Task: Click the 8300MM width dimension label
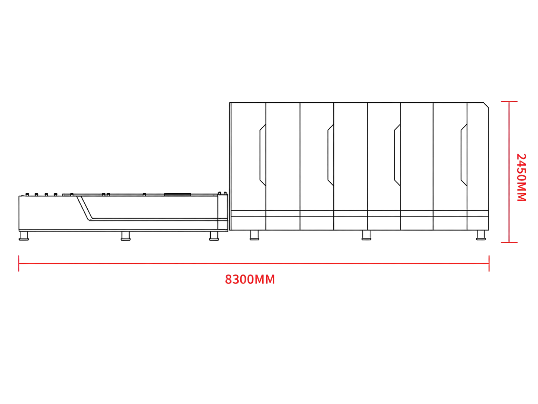250,279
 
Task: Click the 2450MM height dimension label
521,177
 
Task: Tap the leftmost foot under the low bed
24,235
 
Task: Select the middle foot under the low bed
126,236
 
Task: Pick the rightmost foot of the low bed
214,236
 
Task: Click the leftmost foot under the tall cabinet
254,235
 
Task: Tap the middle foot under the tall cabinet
366,235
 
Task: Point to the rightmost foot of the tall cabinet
481,235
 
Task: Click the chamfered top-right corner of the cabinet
486,105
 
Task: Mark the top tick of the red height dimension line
509,102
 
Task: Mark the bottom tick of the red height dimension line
509,243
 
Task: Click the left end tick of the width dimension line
19,263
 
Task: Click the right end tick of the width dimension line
489,263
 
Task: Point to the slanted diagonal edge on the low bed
85,208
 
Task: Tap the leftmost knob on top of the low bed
27,194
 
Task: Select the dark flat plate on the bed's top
178,194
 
